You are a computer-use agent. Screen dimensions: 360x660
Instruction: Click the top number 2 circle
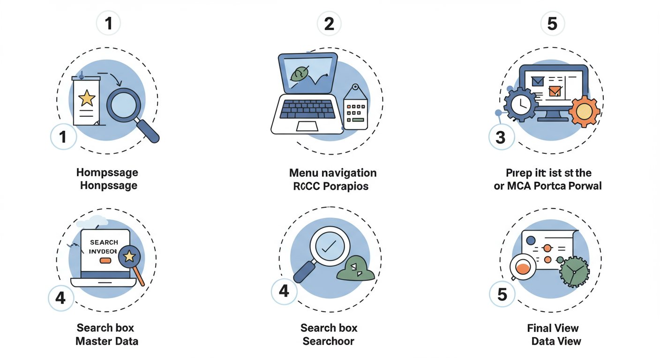click(x=329, y=23)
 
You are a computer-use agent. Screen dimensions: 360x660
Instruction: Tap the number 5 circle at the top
click(x=553, y=23)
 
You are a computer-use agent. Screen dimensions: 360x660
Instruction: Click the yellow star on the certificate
click(x=87, y=98)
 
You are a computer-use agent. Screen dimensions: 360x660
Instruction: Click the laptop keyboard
click(x=307, y=109)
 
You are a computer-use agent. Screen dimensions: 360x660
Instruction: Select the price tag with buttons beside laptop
click(x=355, y=109)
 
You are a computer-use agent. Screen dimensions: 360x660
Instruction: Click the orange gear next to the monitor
click(x=585, y=111)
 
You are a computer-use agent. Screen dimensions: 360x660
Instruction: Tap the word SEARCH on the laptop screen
click(x=104, y=242)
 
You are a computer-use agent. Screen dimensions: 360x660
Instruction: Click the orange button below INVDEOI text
click(x=105, y=260)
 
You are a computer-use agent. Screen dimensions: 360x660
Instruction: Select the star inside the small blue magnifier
click(x=129, y=256)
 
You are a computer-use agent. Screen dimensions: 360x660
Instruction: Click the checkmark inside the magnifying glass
click(x=332, y=246)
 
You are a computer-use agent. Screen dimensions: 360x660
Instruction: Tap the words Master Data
click(x=107, y=341)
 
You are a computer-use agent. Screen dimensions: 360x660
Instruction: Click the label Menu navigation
click(x=332, y=173)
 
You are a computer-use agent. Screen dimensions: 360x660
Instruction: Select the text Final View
click(x=553, y=328)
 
